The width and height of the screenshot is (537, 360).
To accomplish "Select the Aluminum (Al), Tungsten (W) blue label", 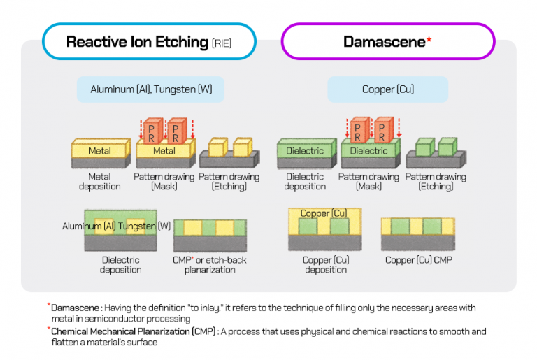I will tap(150, 89).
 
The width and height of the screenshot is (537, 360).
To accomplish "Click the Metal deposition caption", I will tap(99, 182).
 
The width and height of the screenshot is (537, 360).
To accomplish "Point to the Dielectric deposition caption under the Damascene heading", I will tap(305, 182).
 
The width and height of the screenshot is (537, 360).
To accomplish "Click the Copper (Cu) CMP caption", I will tap(418, 260).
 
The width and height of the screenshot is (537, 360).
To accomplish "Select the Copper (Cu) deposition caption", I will tap(326, 265).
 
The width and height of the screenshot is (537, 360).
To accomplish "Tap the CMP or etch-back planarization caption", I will tap(210, 265).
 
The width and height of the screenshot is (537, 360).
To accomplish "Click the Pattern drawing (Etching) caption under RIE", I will tap(229, 182).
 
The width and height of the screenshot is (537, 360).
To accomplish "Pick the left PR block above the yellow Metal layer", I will tap(152, 131).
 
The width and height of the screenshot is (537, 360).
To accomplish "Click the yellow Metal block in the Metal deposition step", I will tap(99, 150).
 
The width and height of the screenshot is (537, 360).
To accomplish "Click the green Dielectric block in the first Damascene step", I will tap(305, 150).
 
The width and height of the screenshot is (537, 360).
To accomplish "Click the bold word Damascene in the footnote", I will tap(73, 307).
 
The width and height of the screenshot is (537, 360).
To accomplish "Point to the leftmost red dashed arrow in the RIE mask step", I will tap(140, 129).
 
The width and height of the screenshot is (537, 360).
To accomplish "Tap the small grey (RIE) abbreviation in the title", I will tap(221, 43).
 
